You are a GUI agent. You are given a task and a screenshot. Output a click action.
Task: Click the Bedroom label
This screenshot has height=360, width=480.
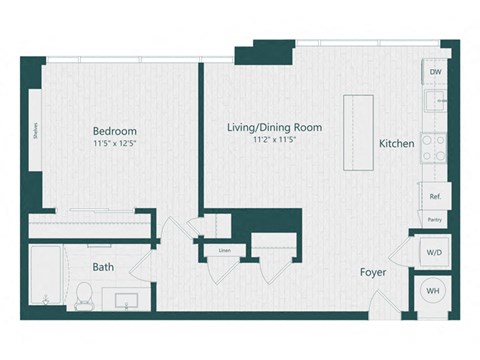pyautogui.click(x=115, y=131)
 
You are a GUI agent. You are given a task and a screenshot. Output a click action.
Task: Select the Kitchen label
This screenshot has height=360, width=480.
pyautogui.click(x=396, y=144)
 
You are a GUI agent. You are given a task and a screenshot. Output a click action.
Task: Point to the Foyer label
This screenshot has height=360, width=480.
pyautogui.click(x=374, y=272)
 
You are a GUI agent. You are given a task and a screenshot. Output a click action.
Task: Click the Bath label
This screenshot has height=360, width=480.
pyautogui.click(x=103, y=267)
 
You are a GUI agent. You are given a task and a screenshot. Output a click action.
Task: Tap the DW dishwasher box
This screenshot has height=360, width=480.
pyautogui.click(x=435, y=73)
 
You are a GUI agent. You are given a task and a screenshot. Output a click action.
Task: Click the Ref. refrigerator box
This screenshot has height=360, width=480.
pyautogui.click(x=435, y=197)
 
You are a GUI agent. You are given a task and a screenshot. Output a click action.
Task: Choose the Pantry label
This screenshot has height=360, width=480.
pyautogui.click(x=435, y=219)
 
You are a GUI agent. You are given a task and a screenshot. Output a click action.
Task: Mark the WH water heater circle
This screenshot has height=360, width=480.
pyautogui.click(x=433, y=291)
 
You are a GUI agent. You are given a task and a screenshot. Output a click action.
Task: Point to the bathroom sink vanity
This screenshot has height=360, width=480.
pyautogui.click(x=128, y=300)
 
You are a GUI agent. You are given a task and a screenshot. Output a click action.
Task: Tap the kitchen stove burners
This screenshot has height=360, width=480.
pyautogui.click(x=434, y=148)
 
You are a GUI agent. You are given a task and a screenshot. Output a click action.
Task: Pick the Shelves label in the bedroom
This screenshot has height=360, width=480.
pyautogui.click(x=36, y=133)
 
